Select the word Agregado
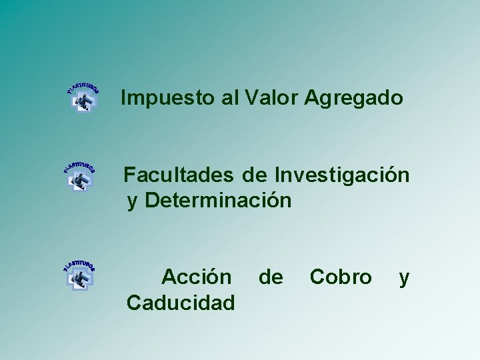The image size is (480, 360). point(354,99)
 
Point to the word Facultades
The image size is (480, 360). point(179,175)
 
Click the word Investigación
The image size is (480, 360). point(341,175)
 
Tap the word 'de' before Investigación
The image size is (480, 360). point(254,175)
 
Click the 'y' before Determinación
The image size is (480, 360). point(132,201)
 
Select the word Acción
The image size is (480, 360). point(197,276)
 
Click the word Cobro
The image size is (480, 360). point(341,276)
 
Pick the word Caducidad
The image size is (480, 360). point(181,303)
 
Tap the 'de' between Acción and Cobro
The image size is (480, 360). point(270,276)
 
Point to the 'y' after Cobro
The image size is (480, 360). point(403,277)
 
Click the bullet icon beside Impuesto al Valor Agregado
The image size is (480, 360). point(83,97)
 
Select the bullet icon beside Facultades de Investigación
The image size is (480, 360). point(79,175)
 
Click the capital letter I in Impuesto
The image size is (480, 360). point(124,99)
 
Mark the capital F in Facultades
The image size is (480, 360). point(130,175)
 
